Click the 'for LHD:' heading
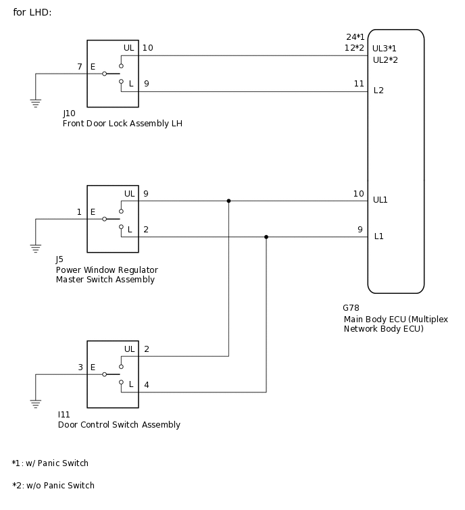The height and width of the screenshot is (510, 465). coord(32,12)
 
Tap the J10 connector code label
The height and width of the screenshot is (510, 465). coord(69,113)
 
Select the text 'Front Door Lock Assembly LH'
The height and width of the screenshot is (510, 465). coord(122,124)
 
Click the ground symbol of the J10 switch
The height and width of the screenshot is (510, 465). coord(35,103)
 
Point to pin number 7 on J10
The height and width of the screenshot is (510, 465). coord(79,67)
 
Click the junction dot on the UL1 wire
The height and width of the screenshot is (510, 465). coord(228,201)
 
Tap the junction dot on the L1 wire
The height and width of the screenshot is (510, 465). coord(266,237)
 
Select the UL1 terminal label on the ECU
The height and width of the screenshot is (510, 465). coord(380,200)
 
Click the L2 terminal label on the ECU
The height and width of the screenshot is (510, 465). coord(378,90)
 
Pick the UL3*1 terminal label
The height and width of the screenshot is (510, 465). coord(385,49)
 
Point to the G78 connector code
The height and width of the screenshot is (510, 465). coord(351,308)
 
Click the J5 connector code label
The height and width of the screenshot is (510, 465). coord(59,259)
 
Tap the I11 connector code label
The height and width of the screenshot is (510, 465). coord(64,414)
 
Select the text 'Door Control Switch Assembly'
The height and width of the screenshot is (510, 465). coord(119,425)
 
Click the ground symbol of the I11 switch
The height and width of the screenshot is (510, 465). coord(35,404)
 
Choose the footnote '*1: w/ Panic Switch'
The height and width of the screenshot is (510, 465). coord(50,463)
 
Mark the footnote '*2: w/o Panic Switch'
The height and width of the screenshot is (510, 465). coord(53,485)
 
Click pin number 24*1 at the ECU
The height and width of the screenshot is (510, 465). coord(356,36)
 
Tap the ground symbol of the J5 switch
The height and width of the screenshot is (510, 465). coord(35,249)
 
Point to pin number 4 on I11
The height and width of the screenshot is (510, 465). coord(147,385)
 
